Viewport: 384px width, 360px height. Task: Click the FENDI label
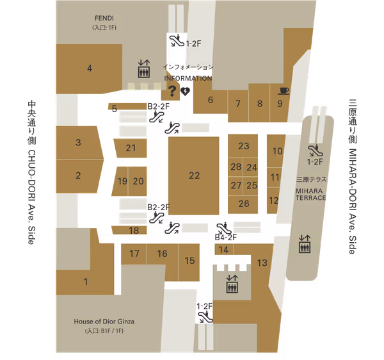pos(104,18)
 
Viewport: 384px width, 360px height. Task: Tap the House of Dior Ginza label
pos(104,322)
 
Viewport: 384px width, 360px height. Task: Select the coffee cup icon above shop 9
pos(284,91)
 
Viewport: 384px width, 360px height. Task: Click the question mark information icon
pos(172,91)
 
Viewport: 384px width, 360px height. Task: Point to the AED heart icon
pos(185,92)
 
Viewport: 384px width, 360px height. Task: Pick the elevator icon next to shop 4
pos(144,69)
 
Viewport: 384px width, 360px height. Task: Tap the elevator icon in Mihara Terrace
pos(305,244)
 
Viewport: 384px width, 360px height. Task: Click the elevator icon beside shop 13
pos(232,284)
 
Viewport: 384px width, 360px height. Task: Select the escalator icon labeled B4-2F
pos(224,229)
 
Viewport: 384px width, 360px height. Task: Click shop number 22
pos(194,176)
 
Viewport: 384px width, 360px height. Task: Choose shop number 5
pos(115,108)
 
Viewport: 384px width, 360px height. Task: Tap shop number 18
pos(134,231)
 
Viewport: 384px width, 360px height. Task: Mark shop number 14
pos(223,250)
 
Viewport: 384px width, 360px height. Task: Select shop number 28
pos(236,167)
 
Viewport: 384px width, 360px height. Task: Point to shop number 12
pos(273,200)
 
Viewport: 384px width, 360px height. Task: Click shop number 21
pos(131,148)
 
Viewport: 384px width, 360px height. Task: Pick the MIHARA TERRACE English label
pos(310,194)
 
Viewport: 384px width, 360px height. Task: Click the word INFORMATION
pos(188,78)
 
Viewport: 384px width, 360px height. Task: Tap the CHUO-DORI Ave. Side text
pos(31,197)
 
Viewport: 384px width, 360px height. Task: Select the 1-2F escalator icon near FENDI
pos(177,40)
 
